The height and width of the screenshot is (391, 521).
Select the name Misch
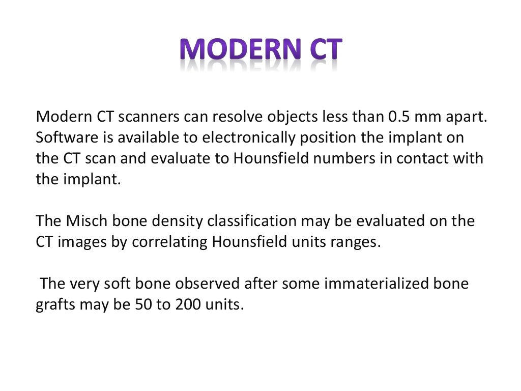click(85, 221)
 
